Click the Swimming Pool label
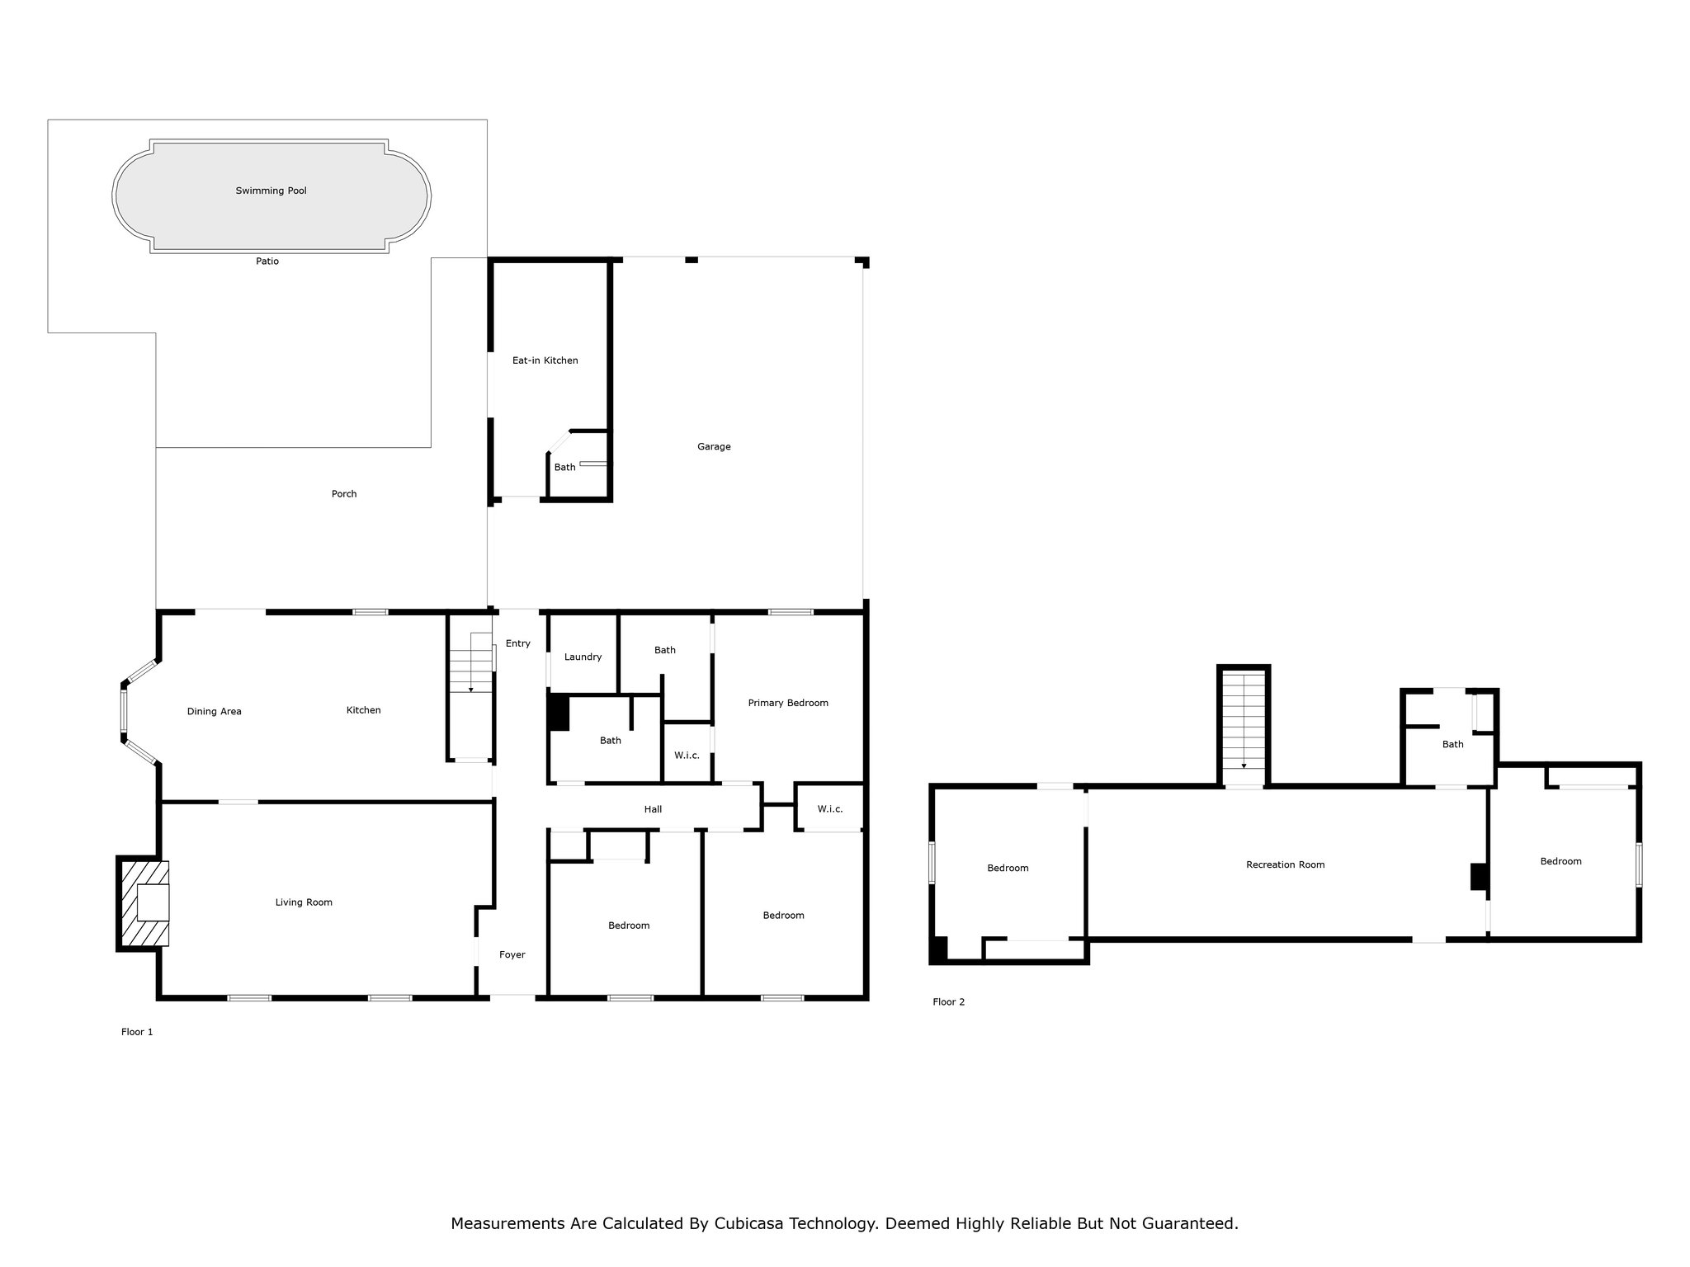(271, 191)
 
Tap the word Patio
(267, 261)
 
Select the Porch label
(344, 494)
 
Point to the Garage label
(714, 447)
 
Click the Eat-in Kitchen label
(545, 360)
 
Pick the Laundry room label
(583, 657)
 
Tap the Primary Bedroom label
(788, 703)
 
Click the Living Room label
(304, 902)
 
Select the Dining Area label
(214, 711)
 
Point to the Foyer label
(512, 954)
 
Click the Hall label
(653, 809)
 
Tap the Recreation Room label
(1285, 864)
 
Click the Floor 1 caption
(137, 1032)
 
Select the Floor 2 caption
(948, 1002)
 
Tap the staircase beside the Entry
(471, 685)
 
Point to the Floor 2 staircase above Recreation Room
(1244, 726)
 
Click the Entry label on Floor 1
(518, 643)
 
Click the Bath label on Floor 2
(1452, 744)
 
